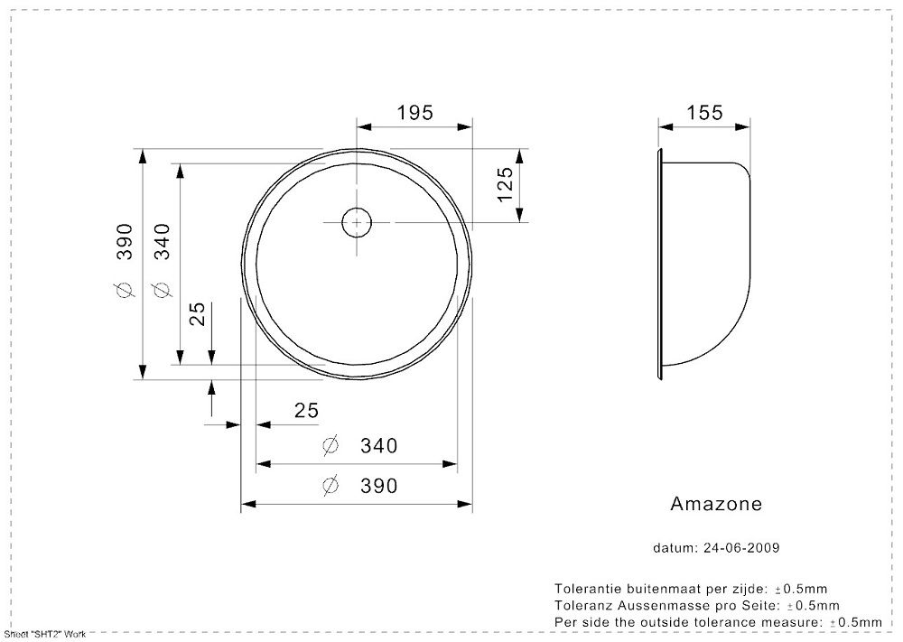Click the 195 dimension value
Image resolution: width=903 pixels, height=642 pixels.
click(414, 112)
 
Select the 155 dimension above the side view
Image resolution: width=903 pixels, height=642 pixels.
click(704, 112)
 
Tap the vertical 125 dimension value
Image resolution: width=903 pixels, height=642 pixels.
click(505, 184)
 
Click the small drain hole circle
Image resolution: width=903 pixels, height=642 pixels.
click(357, 222)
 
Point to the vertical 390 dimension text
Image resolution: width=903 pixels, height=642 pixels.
click(125, 242)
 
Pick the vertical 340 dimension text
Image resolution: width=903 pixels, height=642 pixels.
click(163, 242)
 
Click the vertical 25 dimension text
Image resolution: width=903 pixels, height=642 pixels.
click(197, 314)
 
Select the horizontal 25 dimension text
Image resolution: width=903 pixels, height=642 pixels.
click(306, 411)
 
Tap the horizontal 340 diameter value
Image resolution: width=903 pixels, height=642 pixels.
click(379, 446)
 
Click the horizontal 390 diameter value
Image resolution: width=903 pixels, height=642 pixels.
click(379, 486)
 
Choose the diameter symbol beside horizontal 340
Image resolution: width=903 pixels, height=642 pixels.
click(330, 446)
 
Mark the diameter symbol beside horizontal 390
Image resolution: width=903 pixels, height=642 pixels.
click(330, 486)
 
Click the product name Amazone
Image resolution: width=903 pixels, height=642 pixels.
click(716, 504)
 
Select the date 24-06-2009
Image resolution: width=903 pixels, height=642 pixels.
click(741, 547)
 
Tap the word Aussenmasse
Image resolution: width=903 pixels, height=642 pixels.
click(656, 605)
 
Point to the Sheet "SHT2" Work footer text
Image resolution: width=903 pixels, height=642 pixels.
click(45, 635)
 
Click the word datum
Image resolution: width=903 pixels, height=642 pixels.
click(675, 547)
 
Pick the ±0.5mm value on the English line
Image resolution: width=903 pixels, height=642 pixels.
click(856, 622)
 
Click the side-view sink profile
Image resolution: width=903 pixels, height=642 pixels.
click(749, 265)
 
